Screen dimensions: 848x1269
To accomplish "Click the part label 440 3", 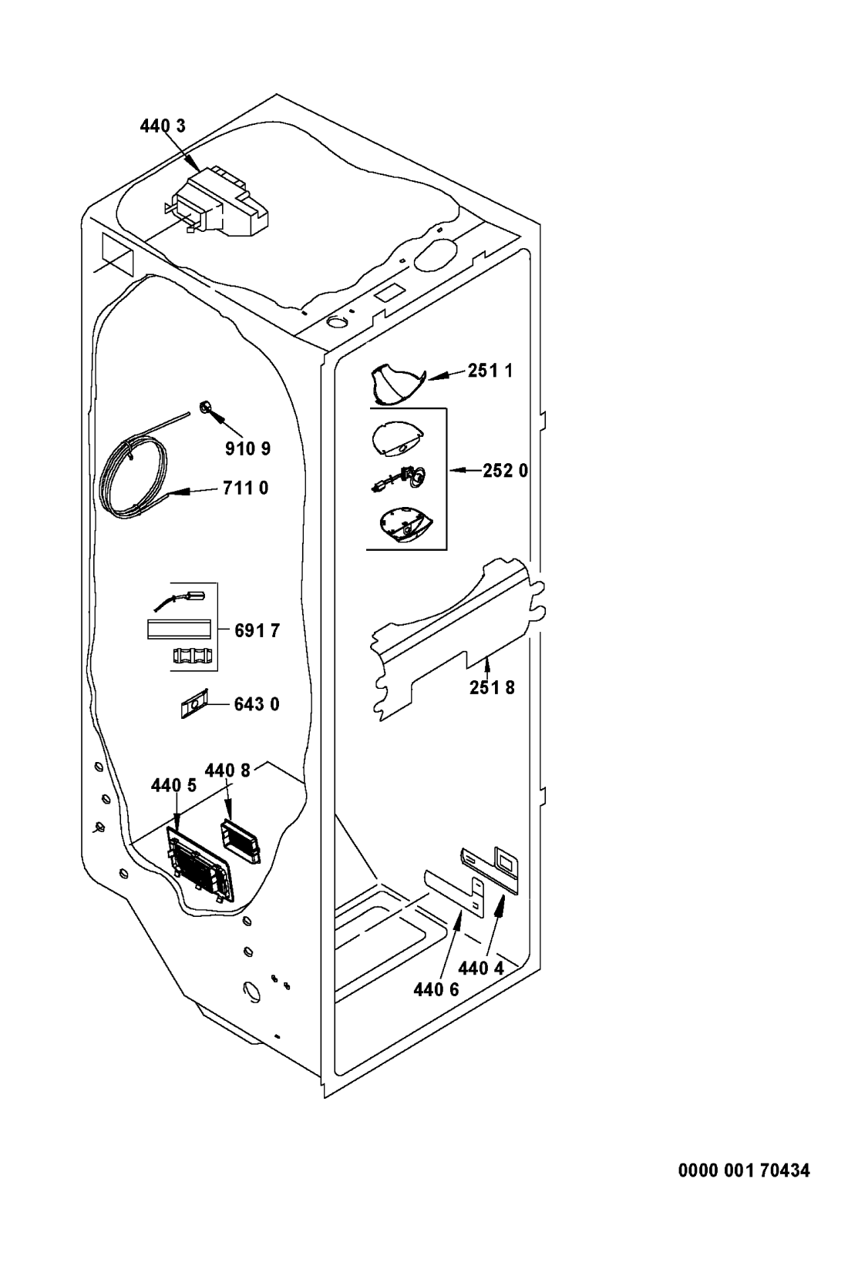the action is [163, 126].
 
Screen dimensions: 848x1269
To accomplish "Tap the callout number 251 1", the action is [490, 371].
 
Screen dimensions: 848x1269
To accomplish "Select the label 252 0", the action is [505, 470].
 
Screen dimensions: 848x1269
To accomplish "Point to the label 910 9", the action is [247, 448].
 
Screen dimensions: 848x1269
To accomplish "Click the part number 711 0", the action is [245, 488].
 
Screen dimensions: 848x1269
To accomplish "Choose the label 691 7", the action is [257, 630].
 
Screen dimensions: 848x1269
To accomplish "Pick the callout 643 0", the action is [257, 704].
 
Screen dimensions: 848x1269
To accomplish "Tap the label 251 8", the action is [492, 687].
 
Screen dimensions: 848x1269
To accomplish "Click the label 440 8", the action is [227, 770].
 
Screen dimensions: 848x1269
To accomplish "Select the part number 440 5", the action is [173, 785].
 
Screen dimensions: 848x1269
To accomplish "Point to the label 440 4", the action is [481, 969].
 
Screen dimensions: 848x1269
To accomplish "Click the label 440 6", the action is [436, 990].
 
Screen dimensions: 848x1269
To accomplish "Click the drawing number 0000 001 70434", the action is [744, 1170].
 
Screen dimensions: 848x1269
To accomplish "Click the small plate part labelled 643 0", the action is [193, 703].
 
